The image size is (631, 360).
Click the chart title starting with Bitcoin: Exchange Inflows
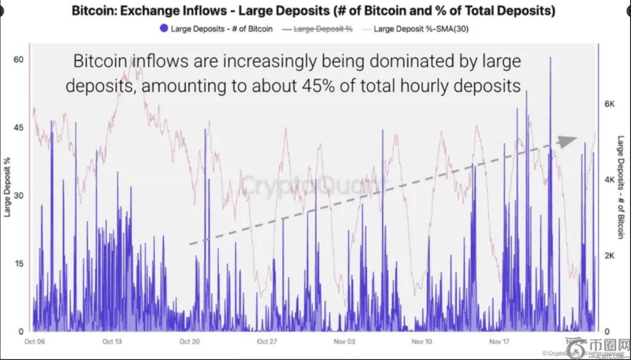(x=313, y=11)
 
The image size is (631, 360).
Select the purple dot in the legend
(x=163, y=28)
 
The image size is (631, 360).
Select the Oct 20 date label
(x=189, y=341)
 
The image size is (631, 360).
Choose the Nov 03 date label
(x=343, y=341)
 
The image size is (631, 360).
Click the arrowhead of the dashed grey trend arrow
(x=568, y=140)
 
